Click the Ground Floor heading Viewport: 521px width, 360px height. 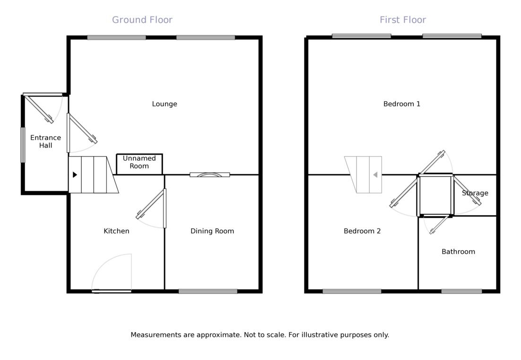tap(142, 20)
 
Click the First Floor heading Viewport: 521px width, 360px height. tap(403, 20)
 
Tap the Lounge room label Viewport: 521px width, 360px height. tap(165, 104)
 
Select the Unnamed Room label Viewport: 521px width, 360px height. tap(139, 162)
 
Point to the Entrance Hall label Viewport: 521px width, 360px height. tap(45, 141)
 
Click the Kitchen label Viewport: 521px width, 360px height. tap(116, 231)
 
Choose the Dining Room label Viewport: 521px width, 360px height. tap(212, 231)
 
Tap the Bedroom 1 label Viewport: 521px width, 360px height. tap(402, 104)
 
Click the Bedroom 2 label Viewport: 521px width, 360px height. tap(362, 231)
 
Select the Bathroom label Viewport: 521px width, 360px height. tap(458, 252)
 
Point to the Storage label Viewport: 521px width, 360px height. tap(475, 193)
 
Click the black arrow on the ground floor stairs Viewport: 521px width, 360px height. tap(75, 175)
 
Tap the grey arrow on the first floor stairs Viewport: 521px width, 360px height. tap(375, 175)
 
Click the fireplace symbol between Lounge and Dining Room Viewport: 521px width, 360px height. tap(209, 175)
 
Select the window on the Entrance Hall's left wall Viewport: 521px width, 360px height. tap(22, 145)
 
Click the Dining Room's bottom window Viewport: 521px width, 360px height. tap(208, 291)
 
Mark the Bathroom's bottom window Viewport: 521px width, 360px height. tap(461, 291)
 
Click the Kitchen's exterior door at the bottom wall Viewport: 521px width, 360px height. tap(112, 291)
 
